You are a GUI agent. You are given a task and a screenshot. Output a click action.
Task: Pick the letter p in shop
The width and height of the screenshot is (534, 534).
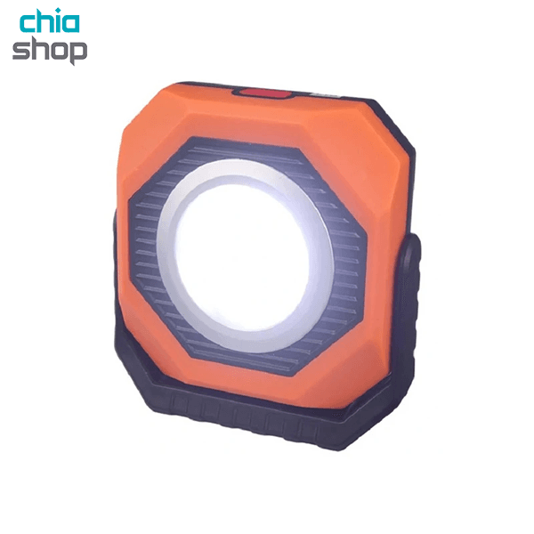[78, 53]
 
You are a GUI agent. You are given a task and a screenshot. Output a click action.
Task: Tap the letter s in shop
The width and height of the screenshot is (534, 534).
[20, 51]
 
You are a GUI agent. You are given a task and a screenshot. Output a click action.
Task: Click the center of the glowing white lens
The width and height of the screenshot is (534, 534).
[244, 255]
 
